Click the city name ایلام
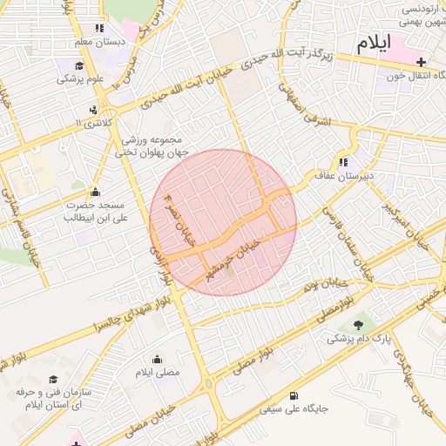pos(373,43)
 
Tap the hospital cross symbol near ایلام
pos(422,62)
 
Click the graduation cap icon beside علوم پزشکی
pos(79,66)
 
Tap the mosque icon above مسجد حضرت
pos(95,193)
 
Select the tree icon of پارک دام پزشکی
pos(359,325)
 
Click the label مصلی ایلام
pos(157,372)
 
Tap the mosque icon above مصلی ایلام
pos(157,359)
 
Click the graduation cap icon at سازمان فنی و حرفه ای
pos(53,379)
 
